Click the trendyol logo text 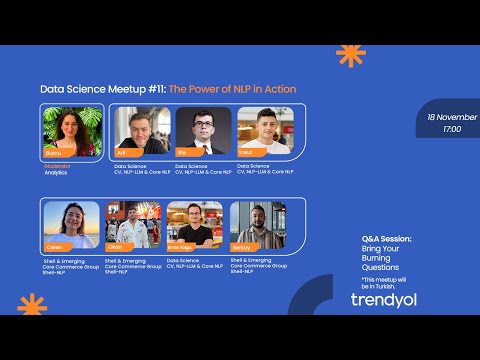(x=384, y=299)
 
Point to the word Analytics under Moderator (x=56, y=173)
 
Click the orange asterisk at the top (x=350, y=55)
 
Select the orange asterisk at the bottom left (x=32, y=306)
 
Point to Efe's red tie (x=203, y=146)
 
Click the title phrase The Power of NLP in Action (x=232, y=89)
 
